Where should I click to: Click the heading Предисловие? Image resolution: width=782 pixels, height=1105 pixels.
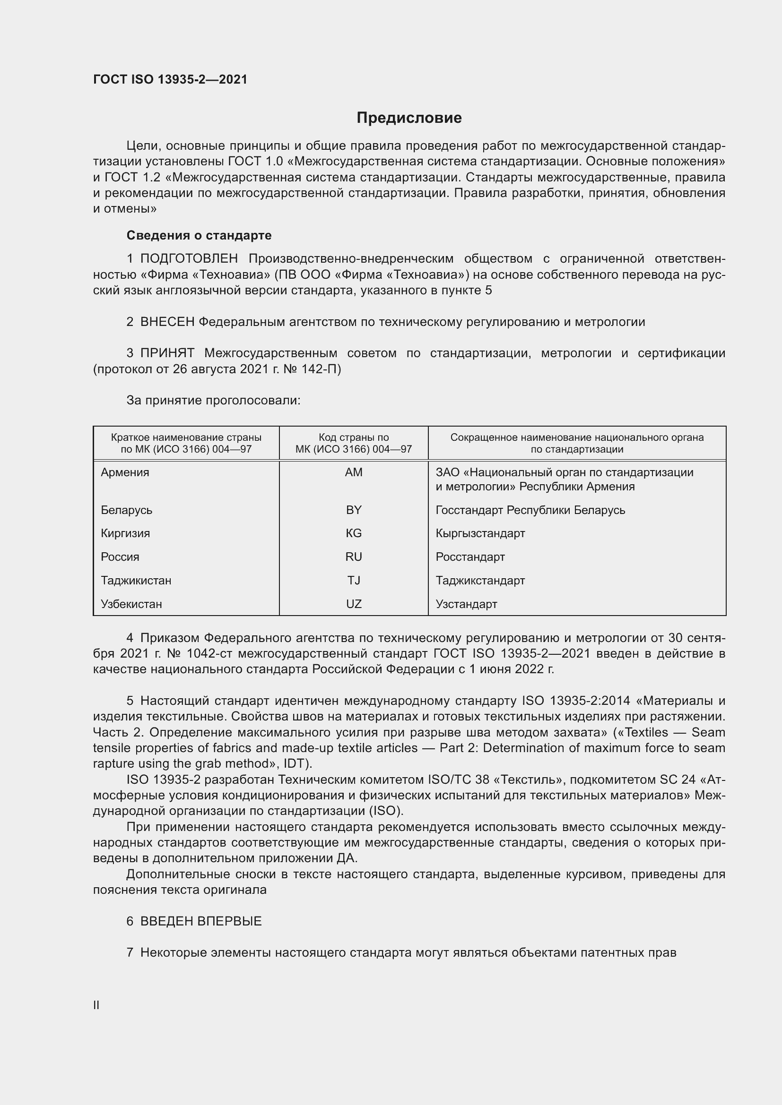409,118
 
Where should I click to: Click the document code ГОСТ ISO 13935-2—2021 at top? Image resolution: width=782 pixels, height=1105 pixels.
170,79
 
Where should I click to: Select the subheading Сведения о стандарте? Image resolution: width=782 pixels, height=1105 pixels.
199,235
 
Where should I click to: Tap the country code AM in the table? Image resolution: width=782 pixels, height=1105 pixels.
354,472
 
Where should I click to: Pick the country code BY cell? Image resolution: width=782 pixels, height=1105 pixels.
354,510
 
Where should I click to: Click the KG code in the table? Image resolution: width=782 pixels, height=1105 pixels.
354,533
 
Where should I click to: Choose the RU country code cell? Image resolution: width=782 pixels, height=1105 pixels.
354,557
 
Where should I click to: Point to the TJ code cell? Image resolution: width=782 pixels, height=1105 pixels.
354,581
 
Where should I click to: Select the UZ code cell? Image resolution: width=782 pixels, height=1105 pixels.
354,604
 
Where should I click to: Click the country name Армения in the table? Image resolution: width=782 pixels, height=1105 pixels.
125,472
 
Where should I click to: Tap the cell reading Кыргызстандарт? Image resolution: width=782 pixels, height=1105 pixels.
480,533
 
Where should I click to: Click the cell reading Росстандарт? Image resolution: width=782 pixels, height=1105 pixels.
470,557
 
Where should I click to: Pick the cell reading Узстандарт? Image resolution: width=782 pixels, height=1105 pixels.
466,604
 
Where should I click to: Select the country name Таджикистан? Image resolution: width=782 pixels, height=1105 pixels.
136,581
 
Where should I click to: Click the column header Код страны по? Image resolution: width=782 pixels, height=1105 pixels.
354,437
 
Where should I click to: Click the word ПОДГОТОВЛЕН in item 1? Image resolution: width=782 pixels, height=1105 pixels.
189,259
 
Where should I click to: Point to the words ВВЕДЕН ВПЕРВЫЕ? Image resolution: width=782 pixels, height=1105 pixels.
201,921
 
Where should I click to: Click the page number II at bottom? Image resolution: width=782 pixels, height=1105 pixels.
96,1005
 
